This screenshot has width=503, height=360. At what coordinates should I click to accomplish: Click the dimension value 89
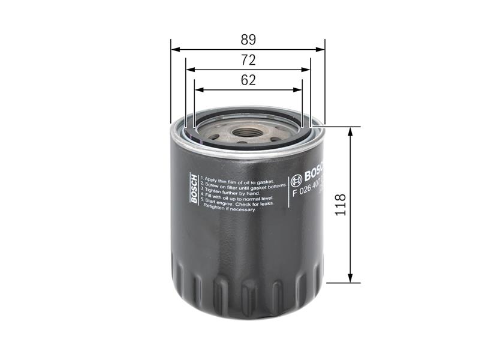click(248, 40)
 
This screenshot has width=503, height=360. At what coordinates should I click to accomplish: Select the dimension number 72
click(248, 60)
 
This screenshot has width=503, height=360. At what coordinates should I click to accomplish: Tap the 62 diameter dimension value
click(248, 80)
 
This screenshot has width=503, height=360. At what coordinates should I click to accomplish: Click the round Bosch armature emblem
click(296, 180)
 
